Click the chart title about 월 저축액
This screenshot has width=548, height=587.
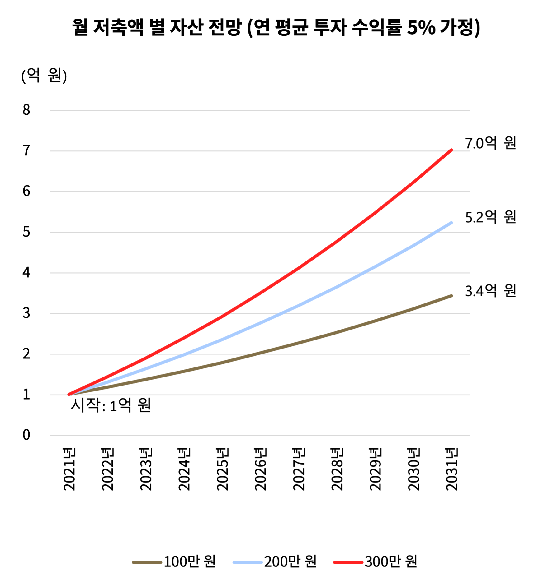[276, 27]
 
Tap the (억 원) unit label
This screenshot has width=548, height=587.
[44, 76]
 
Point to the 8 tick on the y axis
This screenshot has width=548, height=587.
[26, 110]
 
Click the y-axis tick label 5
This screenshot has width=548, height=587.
[26, 232]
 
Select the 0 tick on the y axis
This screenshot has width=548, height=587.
[26, 435]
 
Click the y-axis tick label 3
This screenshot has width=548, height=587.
[26, 313]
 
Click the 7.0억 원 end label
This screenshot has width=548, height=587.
[490, 143]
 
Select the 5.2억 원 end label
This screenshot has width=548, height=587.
[490, 217]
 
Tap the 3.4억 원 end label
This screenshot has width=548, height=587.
[490, 291]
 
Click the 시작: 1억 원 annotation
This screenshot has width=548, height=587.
[111, 405]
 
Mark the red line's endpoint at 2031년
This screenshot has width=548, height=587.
[451, 150]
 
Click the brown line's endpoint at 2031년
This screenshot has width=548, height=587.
[451, 296]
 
